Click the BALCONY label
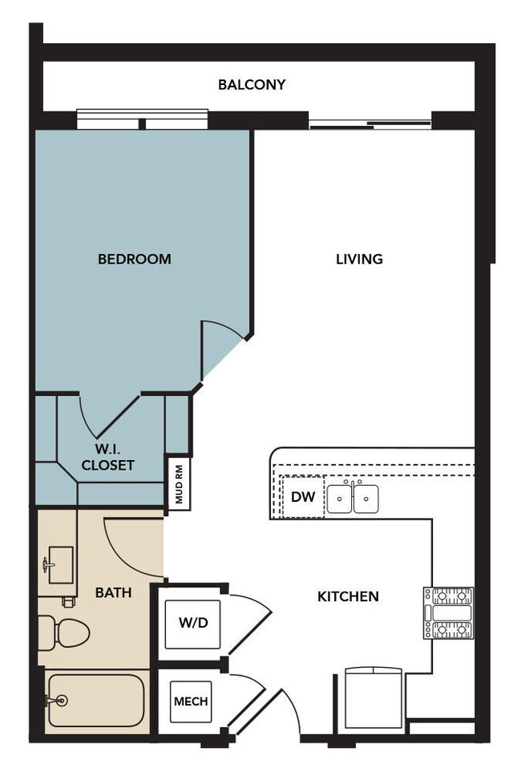pos(252,84)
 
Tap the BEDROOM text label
pos(134,259)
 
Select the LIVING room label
pos(358,259)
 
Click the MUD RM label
pos(178,483)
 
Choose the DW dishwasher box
pos(302,497)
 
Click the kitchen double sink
pos(353,499)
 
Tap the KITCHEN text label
pos(348,596)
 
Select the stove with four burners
pos(448,613)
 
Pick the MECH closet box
pos(191,701)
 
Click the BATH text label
pos(113,593)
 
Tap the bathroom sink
pos(59,565)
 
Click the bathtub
pos(95,700)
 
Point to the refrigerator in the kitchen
pos(373,697)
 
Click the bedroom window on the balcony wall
pos(143,119)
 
